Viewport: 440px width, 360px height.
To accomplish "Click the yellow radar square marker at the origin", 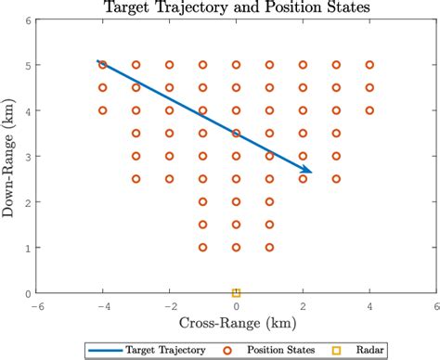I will [236, 293].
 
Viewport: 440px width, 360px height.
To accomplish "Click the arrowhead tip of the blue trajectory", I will [312, 173].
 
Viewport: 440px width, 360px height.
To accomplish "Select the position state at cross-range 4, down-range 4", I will [369, 110].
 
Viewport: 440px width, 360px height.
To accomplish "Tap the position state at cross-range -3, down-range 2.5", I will [136, 179].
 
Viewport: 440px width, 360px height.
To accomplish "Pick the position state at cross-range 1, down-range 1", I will [269, 247].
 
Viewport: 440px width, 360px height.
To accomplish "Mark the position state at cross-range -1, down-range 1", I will [202, 247].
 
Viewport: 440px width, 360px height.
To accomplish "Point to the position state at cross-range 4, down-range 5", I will [369, 65].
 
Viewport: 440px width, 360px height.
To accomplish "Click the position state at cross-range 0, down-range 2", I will [236, 201].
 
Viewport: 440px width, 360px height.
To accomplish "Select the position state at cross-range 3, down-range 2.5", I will [336, 179].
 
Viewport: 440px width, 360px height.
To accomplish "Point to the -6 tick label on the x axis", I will [36, 305].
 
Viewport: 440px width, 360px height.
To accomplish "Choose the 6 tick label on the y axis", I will [27, 19].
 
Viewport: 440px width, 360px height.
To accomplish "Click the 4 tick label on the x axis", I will [369, 305].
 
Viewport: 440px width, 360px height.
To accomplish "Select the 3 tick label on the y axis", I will [27, 156].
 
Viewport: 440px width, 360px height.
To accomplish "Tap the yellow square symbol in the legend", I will [337, 349].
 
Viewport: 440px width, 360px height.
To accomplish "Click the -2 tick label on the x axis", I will [169, 305].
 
